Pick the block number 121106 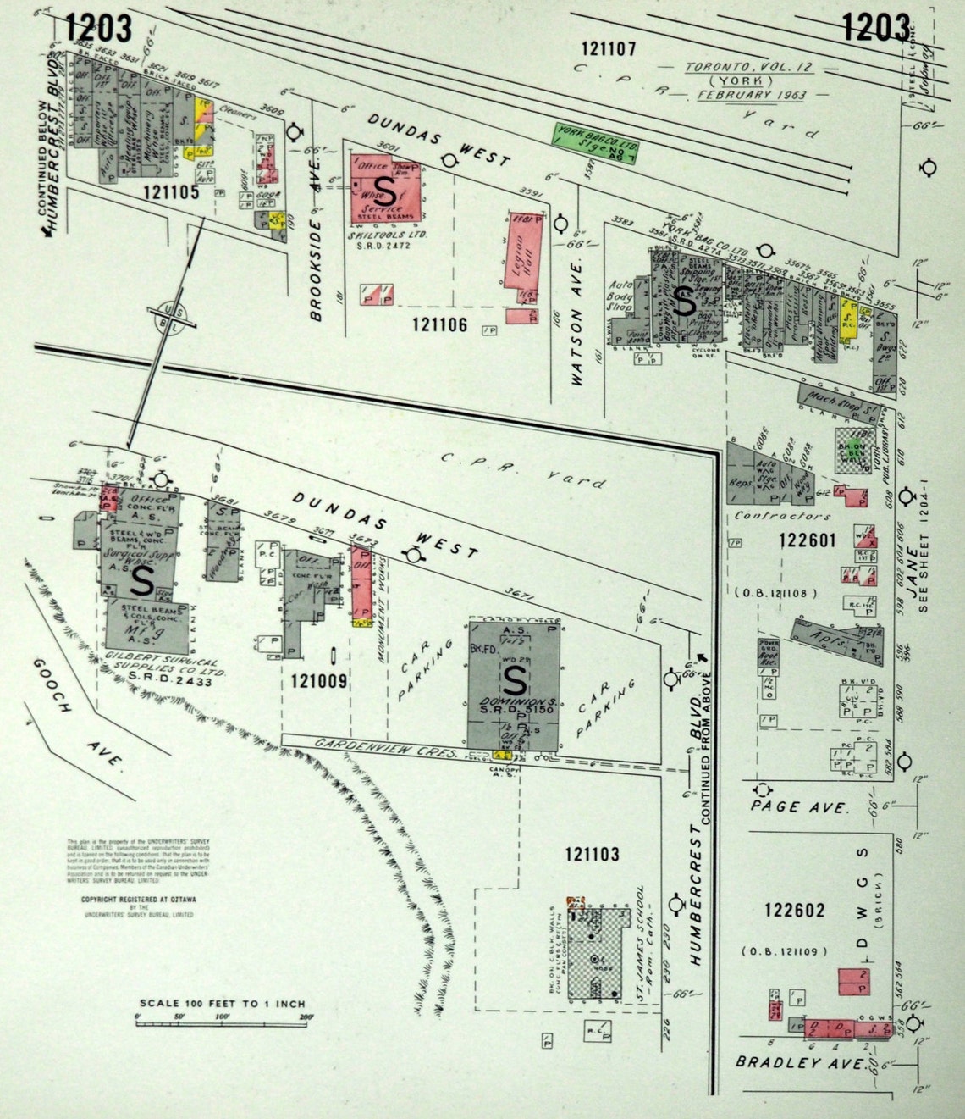pyautogui.click(x=439, y=324)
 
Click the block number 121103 pyautogui.click(x=592, y=855)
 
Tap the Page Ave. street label pyautogui.click(x=799, y=806)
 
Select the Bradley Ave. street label pyautogui.click(x=801, y=1061)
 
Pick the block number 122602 pyautogui.click(x=794, y=910)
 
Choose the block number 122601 pyautogui.click(x=808, y=540)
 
